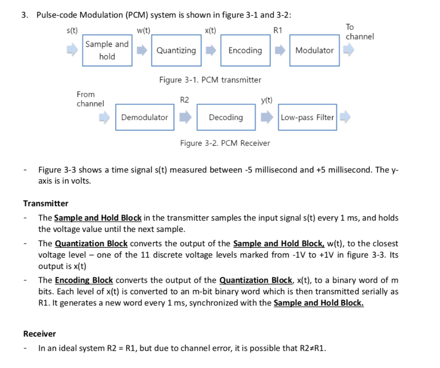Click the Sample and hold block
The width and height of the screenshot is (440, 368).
107,50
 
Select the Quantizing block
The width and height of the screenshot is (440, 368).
176,50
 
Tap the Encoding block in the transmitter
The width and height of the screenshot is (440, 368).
245,50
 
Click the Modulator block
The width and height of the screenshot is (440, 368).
314,50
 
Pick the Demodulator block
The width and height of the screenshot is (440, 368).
144,117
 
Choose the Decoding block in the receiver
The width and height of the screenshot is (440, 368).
226,117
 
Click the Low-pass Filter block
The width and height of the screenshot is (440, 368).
307,117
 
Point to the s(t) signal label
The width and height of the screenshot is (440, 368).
72,30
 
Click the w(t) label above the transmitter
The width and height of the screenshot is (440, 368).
143,30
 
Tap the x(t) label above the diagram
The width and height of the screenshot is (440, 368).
211,30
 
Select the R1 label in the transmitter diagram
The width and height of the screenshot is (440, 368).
278,30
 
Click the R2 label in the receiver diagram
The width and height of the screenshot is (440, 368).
184,100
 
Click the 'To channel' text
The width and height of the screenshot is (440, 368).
360,32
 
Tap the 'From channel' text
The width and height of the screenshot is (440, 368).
90,99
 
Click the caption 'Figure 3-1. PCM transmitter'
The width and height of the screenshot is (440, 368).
210,80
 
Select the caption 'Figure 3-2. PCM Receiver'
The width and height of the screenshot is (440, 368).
225,143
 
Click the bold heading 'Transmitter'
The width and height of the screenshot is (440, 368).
46,203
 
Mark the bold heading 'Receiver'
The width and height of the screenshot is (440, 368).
40,334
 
